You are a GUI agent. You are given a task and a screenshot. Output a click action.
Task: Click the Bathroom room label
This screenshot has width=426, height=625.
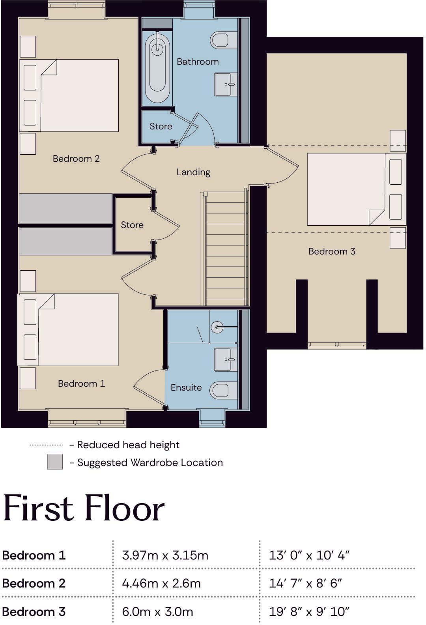coord(198,62)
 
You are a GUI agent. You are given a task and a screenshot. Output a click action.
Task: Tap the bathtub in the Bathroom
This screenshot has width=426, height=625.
coord(157,68)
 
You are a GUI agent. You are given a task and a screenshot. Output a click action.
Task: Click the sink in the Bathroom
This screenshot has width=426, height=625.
coord(226,84)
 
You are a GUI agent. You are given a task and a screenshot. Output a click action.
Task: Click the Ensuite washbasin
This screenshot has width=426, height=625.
coord(226,359)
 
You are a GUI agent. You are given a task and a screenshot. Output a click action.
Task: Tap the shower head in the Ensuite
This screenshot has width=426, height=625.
coord(217,327)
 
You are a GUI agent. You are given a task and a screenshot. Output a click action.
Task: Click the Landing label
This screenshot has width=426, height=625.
coord(193,172)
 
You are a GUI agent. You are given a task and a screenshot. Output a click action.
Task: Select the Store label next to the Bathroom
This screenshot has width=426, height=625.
coord(161,126)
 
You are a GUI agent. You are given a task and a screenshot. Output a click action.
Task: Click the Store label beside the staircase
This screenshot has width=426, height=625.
coord(132,225)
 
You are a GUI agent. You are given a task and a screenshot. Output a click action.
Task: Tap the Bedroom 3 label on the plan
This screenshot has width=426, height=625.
coord(332,251)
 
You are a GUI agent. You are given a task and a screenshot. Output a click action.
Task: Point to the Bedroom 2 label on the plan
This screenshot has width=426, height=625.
coord(76,159)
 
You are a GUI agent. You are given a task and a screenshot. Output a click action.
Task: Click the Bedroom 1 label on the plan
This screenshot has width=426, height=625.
coord(82,384)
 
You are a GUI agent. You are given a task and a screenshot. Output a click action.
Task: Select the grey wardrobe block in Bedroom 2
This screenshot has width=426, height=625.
coord(65,208)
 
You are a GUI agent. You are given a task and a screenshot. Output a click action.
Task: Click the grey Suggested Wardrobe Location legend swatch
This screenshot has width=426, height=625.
coord(55,461)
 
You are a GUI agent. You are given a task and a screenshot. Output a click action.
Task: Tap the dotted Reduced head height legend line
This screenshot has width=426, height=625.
coord(46,445)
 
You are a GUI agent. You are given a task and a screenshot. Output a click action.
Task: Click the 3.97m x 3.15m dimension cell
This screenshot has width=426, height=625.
coord(165,555)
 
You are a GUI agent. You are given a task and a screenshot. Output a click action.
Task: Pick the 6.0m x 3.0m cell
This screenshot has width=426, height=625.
coord(158,612)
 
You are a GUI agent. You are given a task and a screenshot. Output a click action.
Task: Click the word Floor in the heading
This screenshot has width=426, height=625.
coord(124,508)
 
